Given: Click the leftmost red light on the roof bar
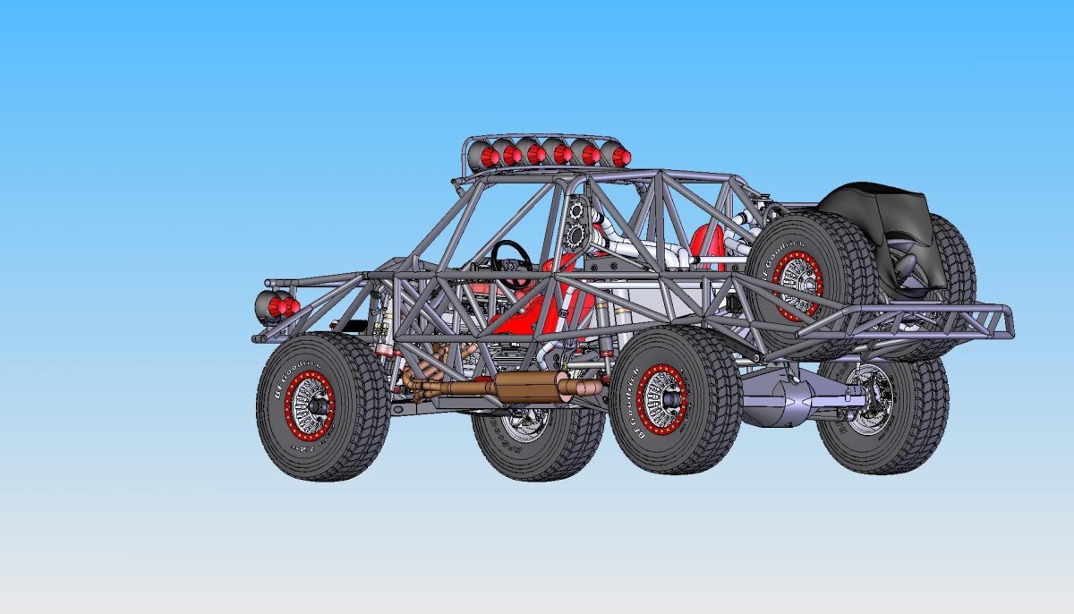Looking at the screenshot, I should (489, 158).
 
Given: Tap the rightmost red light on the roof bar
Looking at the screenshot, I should (618, 156).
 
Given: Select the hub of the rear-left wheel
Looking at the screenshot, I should (662, 397).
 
